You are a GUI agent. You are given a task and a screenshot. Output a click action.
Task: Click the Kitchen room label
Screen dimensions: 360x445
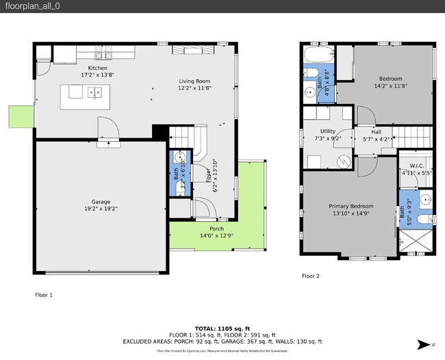pos(95,68)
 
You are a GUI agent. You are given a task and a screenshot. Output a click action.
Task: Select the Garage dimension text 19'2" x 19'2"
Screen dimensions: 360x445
pos(101,209)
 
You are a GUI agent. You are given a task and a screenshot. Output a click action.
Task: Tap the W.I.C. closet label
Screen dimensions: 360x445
pos(417,166)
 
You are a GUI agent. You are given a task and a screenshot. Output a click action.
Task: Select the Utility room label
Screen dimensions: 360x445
pos(328,131)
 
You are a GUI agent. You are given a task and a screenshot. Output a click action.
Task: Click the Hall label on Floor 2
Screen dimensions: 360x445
pos(376,132)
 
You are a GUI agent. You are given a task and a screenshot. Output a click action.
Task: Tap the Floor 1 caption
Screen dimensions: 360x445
pos(44,295)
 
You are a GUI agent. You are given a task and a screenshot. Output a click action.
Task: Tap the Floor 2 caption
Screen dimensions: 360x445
pos(310,276)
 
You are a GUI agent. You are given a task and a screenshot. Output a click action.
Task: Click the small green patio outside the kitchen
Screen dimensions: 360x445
pos(21,116)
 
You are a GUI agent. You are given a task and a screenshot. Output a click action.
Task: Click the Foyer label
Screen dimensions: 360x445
pos(209,175)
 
